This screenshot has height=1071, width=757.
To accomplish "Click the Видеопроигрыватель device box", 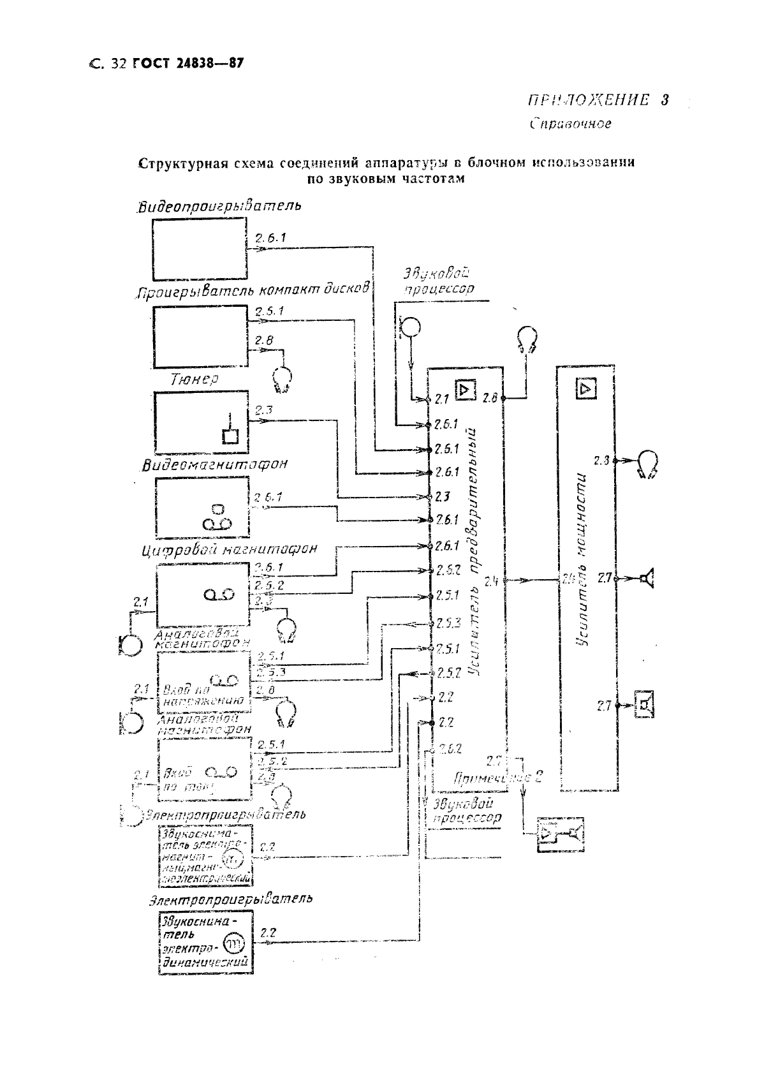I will point(199,248).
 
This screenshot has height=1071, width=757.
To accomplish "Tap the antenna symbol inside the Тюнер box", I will point(228,431).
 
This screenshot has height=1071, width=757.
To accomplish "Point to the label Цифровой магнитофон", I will point(229,549).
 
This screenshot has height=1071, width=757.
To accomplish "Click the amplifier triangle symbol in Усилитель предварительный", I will point(465,388).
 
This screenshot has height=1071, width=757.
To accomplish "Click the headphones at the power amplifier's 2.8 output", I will point(648,463).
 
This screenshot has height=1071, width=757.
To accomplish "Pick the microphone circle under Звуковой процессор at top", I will point(411,327).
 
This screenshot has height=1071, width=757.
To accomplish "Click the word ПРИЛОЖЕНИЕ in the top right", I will point(588,101).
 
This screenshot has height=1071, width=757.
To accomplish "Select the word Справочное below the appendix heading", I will point(570,124).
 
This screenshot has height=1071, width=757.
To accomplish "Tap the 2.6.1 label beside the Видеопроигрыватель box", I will point(270,238).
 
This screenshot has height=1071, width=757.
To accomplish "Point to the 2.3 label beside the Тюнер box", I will point(263,410).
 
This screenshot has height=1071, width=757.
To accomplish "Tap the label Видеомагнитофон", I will point(214,464).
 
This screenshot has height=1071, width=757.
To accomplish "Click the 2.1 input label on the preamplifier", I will point(442,399).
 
